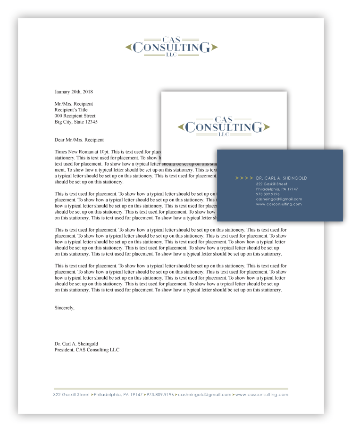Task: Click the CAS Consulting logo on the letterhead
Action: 171,47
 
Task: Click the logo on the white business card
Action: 224,126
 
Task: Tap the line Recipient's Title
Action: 71,110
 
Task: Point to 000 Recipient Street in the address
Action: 75,116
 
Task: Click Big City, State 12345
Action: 76,122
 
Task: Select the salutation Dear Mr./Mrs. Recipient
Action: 79,140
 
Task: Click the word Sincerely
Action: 64,307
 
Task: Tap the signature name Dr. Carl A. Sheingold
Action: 76,344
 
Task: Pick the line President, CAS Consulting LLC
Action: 87,350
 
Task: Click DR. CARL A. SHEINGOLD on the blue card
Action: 281,178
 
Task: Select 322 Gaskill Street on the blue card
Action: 272,184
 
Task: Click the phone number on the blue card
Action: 268,194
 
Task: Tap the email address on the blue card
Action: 279,199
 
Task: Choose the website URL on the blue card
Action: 278,204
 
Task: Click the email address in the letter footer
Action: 205,395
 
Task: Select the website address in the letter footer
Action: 261,395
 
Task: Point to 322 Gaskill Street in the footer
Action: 71,395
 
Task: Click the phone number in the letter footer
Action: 160,395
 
